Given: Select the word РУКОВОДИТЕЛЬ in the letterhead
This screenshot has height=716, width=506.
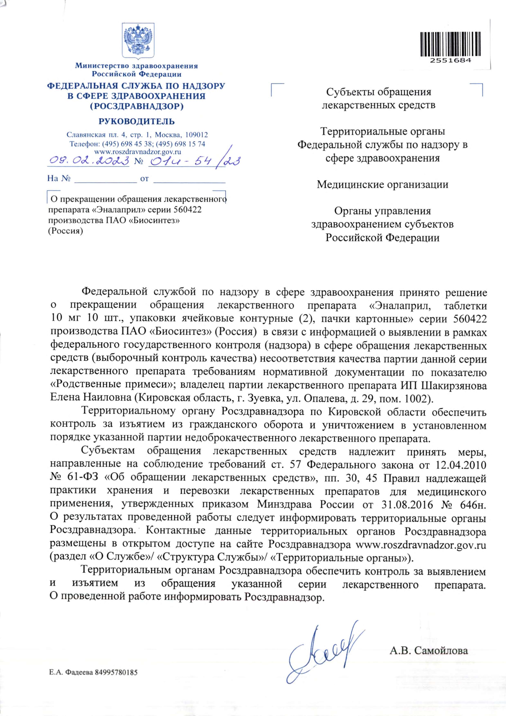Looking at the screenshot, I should [x=137, y=121].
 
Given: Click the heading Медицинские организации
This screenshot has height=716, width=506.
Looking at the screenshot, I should [x=383, y=185].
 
